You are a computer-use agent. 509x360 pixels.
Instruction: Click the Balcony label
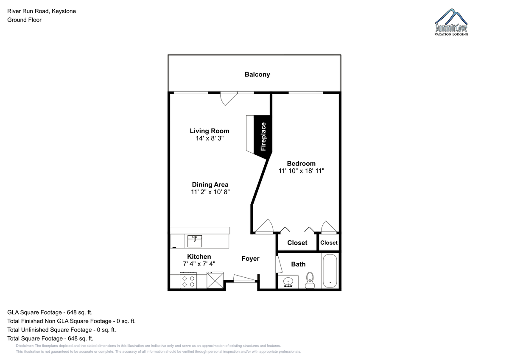click(x=257, y=75)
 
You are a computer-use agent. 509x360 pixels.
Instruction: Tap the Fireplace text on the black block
click(x=263, y=137)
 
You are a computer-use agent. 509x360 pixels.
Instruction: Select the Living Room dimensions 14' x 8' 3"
click(x=210, y=138)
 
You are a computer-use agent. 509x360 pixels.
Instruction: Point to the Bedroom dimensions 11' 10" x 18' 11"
click(x=301, y=171)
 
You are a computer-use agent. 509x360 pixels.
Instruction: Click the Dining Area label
click(x=210, y=184)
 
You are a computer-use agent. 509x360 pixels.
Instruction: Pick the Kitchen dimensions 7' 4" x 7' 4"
click(x=199, y=264)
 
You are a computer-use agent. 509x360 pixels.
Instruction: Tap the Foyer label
click(x=250, y=259)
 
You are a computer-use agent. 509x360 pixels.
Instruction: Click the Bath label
click(x=298, y=264)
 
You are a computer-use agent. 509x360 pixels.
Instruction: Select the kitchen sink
click(x=195, y=241)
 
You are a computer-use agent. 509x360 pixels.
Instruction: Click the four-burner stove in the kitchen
click(x=188, y=281)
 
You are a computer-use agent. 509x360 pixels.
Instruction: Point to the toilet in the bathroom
click(x=310, y=281)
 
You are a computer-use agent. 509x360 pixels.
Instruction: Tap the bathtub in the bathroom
click(x=330, y=271)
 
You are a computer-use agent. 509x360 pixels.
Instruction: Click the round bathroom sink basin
click(x=288, y=282)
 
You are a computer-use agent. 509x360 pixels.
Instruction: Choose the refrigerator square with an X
click(x=215, y=281)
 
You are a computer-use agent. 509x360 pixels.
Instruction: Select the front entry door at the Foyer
click(x=244, y=279)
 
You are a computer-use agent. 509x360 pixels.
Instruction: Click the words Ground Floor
click(x=24, y=20)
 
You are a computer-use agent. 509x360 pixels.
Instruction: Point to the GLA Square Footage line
click(x=50, y=313)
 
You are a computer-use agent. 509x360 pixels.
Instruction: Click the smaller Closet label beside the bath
click(x=329, y=243)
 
